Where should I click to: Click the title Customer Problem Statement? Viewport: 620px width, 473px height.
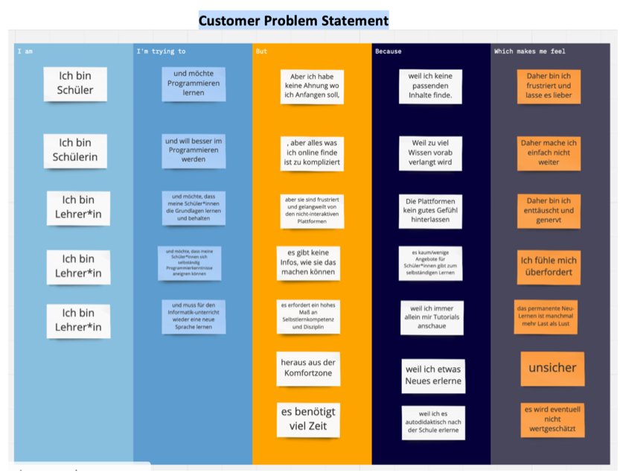(x=293, y=20)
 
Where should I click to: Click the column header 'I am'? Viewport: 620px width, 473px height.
(x=25, y=51)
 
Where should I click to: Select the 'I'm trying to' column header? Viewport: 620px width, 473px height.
(x=161, y=51)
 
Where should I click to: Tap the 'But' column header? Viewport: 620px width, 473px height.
(x=261, y=51)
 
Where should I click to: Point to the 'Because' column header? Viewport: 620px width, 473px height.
(x=388, y=51)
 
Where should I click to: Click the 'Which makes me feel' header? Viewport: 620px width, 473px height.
(x=524, y=51)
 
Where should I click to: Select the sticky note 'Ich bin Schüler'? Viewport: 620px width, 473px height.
(x=75, y=83)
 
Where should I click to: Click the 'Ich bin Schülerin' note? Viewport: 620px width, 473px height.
(x=75, y=150)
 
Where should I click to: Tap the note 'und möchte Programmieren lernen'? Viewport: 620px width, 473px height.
(x=194, y=83)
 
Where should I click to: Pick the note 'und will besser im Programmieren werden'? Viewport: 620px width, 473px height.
(x=194, y=150)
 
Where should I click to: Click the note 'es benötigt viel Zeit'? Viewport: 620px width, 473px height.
(x=308, y=419)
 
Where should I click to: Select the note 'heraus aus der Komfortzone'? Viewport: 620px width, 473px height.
(x=307, y=368)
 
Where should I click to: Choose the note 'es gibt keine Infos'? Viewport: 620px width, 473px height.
(x=308, y=263)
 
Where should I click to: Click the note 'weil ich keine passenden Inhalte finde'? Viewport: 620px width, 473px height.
(x=430, y=86)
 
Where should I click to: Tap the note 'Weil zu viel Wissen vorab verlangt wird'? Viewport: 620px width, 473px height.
(x=430, y=153)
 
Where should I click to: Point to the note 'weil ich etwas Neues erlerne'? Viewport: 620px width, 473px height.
(x=432, y=375)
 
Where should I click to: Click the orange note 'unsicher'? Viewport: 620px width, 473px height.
(x=552, y=368)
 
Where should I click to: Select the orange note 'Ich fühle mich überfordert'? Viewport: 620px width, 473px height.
(x=549, y=267)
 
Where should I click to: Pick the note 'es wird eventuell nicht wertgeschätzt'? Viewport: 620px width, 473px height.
(x=552, y=420)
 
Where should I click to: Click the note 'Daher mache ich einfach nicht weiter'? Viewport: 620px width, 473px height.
(x=549, y=152)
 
